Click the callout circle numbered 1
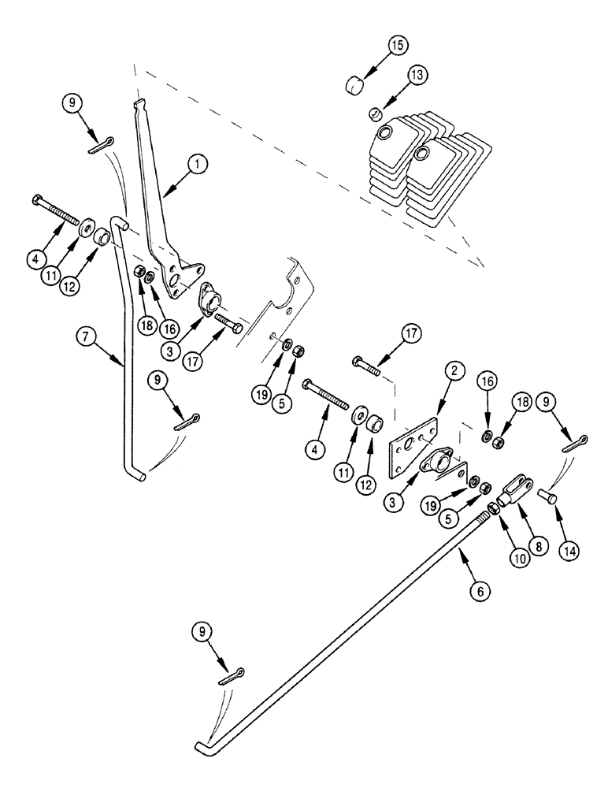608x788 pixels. (x=197, y=164)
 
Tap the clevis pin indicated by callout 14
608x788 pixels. (x=547, y=496)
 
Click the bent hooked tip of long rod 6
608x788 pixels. (x=201, y=745)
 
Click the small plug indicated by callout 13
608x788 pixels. (x=377, y=116)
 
